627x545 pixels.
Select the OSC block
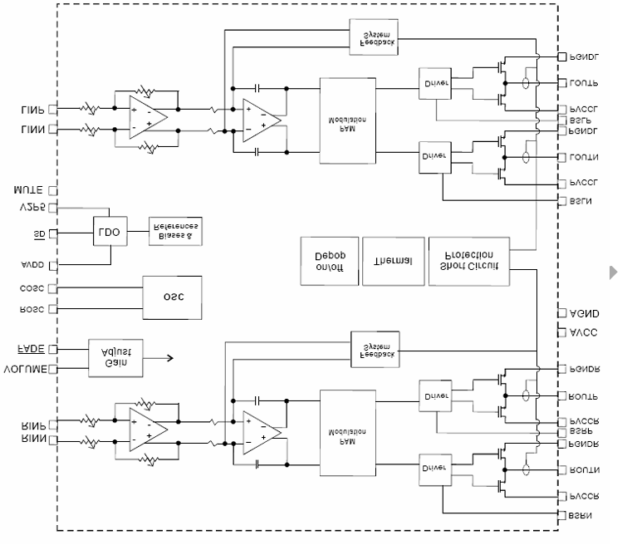[x=171, y=297]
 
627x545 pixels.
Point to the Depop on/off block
[x=325, y=261]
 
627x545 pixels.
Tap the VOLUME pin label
[x=26, y=369]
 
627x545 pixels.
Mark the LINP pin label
[x=32, y=109]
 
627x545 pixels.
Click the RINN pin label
[x=33, y=439]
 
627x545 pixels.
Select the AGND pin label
[x=585, y=314]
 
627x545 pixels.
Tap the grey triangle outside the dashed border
[x=614, y=272]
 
